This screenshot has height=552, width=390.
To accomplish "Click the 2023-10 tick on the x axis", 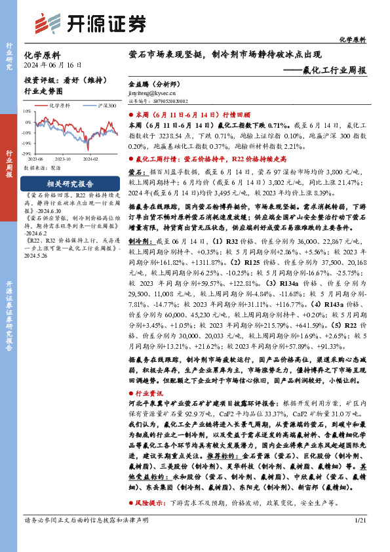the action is [x=64, y=159].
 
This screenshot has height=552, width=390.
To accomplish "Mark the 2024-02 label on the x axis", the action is [x=90, y=159].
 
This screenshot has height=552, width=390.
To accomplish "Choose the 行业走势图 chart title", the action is [x=43, y=92].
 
